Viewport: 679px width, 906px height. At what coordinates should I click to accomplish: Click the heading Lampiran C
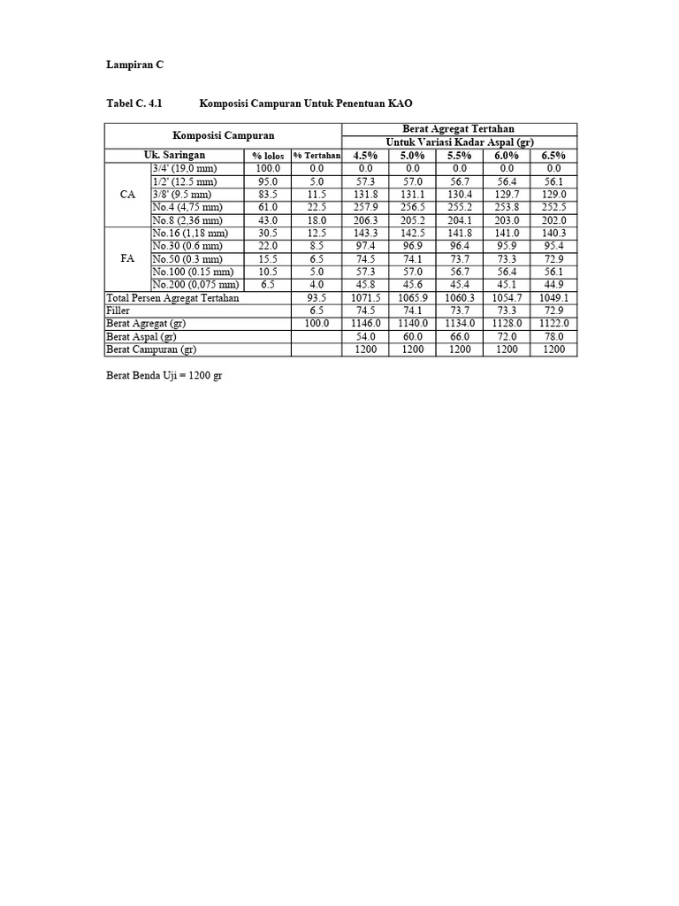point(135,65)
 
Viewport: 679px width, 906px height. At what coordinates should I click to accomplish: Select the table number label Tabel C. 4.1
point(134,104)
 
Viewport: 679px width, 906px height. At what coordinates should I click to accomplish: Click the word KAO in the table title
point(401,104)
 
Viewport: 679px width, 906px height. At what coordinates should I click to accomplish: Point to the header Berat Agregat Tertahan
point(459,129)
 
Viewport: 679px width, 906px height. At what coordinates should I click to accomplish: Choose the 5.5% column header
point(460,155)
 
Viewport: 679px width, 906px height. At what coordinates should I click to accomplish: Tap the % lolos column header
point(268,156)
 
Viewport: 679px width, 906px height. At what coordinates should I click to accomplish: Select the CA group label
point(127,195)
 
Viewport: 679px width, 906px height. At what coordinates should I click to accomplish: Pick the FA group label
point(127,259)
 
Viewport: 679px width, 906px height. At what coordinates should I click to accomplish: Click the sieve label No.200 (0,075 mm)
point(195,285)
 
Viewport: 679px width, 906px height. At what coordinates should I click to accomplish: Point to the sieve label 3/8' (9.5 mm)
point(182,195)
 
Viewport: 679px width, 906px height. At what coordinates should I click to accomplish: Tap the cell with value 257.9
point(365,207)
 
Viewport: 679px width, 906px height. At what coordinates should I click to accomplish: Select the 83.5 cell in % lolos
point(268,195)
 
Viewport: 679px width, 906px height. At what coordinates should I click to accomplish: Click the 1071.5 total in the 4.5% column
point(365,298)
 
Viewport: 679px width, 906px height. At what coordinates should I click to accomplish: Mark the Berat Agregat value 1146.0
point(365,324)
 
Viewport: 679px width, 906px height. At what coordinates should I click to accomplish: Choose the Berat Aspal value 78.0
point(553,337)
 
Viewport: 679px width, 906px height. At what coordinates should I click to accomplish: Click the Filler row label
point(118,311)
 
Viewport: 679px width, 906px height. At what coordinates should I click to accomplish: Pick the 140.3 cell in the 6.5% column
point(553,233)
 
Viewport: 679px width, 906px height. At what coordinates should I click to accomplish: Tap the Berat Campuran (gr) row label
point(149,349)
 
